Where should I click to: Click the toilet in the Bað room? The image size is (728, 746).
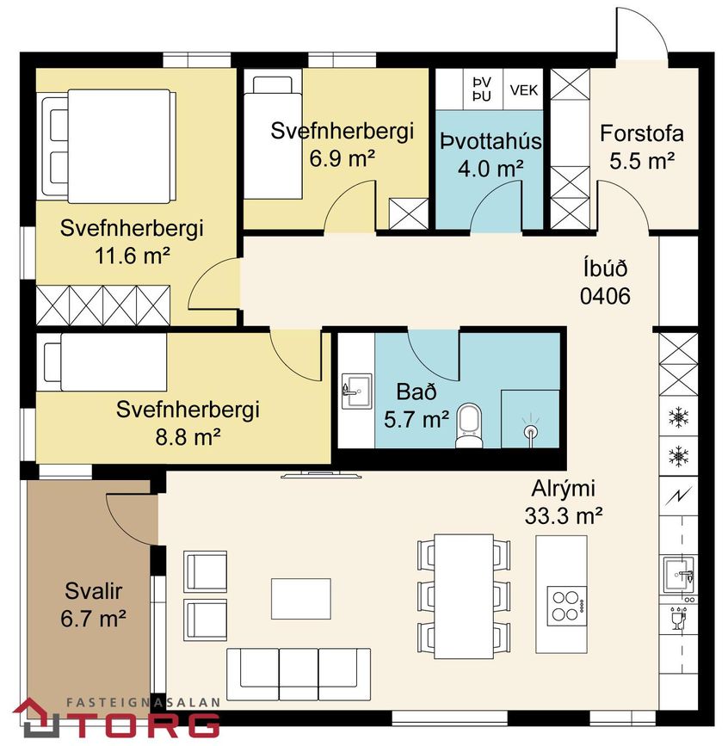(469, 426)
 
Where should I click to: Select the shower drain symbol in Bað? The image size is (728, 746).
(529, 430)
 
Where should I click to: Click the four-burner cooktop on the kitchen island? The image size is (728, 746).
(566, 606)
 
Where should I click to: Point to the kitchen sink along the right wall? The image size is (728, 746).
(679, 575)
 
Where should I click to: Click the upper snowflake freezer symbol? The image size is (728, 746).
(678, 416)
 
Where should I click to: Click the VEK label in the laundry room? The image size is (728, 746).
(523, 90)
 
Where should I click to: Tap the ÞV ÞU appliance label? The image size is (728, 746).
(482, 89)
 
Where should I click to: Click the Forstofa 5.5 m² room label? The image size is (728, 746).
(641, 147)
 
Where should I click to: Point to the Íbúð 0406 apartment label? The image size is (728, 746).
(605, 281)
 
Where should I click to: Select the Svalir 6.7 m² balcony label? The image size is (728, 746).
(93, 605)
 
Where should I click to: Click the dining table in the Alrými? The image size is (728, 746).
(464, 596)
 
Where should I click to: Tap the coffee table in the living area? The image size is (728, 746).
(300, 599)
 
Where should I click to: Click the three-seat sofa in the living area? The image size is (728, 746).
(299, 675)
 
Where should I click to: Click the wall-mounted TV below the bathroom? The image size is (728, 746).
(321, 474)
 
